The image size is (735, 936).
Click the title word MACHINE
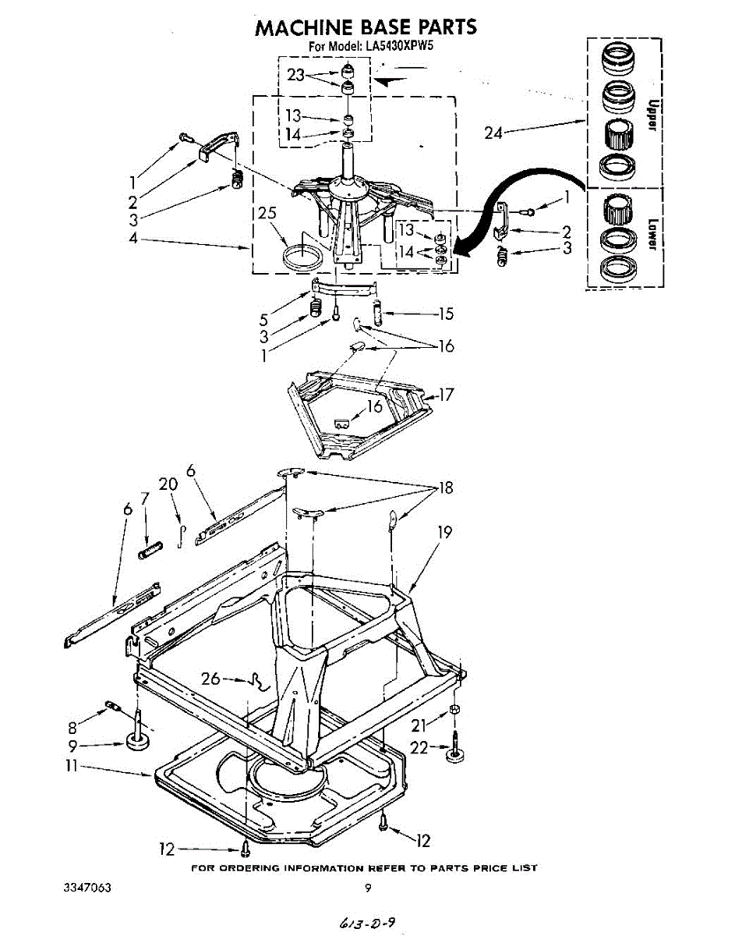[304, 27]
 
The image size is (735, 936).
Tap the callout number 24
[493, 133]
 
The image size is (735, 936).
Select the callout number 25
[267, 213]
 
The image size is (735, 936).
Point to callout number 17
[446, 395]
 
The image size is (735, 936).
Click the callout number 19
[444, 533]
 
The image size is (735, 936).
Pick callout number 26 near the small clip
[210, 679]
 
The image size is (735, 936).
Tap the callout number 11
[72, 768]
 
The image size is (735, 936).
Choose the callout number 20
[168, 485]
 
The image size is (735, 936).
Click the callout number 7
[144, 498]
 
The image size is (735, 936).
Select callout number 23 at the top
[295, 75]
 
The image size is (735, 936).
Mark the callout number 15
[446, 314]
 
